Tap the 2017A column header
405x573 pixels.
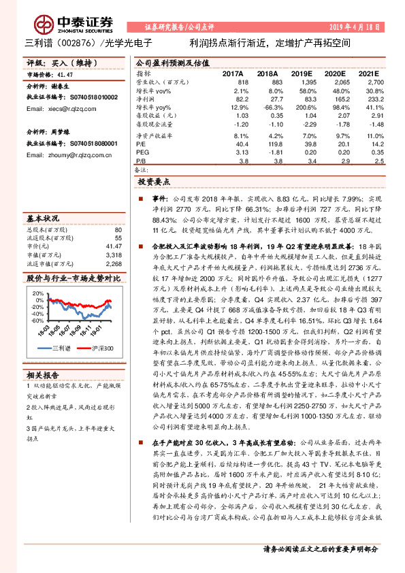tap(232, 73)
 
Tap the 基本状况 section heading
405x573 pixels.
tap(42, 218)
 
